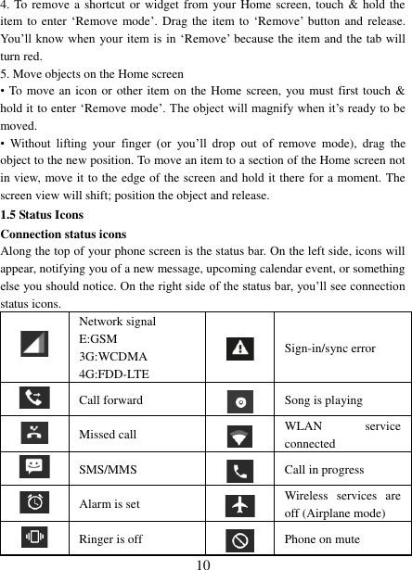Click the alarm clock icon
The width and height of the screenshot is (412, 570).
34,502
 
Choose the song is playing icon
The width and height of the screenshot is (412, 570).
240,400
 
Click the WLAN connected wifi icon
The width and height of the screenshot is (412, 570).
240,435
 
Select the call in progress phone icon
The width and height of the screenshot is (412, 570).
240,469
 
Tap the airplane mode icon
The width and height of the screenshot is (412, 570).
240,503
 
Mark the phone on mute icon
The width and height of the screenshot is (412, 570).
240,538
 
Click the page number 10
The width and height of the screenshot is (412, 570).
205,563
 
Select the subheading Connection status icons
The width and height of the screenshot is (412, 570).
63,234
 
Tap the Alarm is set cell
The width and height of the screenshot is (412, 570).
109,503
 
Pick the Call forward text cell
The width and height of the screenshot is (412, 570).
110,400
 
